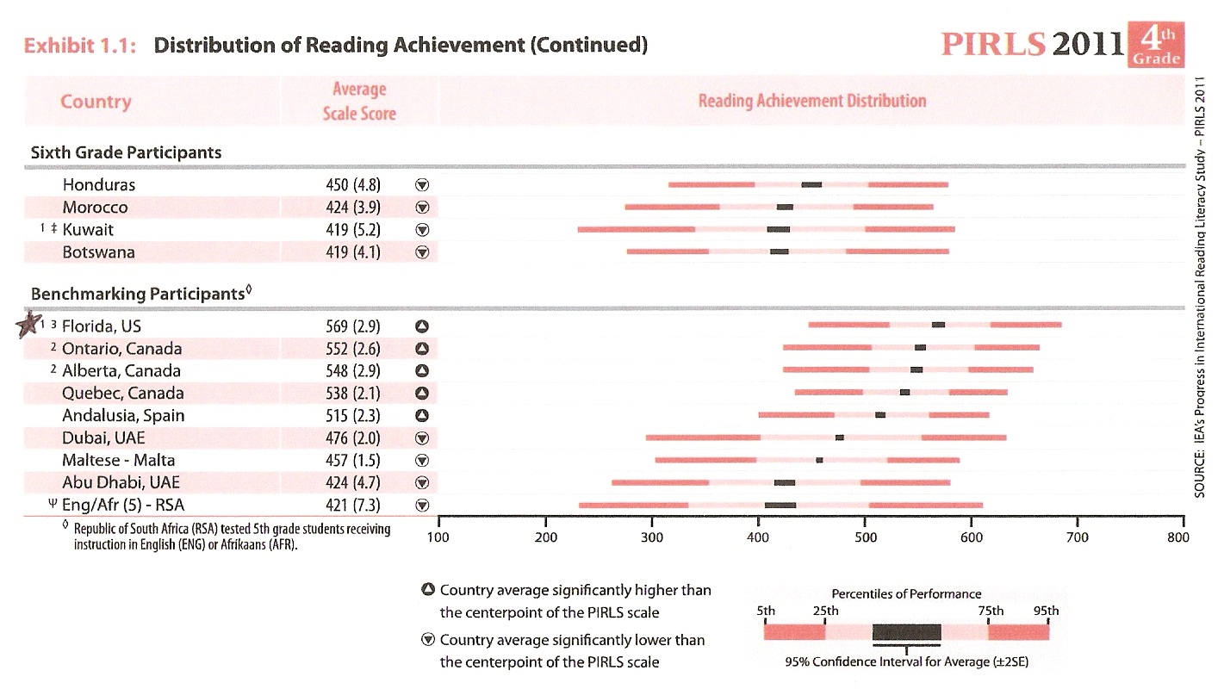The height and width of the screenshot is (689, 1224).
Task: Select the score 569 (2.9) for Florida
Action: coord(349,326)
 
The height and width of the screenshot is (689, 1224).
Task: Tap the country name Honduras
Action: coord(98,185)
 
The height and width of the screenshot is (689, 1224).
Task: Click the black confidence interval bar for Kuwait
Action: coord(778,230)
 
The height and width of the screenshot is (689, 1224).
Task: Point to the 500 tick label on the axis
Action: coord(866,538)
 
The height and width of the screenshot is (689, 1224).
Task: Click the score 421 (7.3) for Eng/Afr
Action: coord(349,506)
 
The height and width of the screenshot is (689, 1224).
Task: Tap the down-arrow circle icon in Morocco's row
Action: coord(422,208)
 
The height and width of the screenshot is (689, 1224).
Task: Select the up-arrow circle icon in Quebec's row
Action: coord(422,394)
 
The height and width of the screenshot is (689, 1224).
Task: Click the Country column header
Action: coord(96,102)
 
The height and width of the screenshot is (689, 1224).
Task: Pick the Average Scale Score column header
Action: coord(359,101)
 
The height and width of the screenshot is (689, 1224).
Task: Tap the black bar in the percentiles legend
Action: coord(906,632)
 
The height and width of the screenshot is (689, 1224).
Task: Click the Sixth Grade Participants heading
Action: coord(126,152)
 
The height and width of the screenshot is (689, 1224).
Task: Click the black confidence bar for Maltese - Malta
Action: coord(819,460)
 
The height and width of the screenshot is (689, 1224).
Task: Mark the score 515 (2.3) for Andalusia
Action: coord(349,416)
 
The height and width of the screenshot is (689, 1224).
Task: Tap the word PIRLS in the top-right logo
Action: coord(993,45)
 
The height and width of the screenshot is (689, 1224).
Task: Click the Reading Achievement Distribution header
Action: coord(811,101)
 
